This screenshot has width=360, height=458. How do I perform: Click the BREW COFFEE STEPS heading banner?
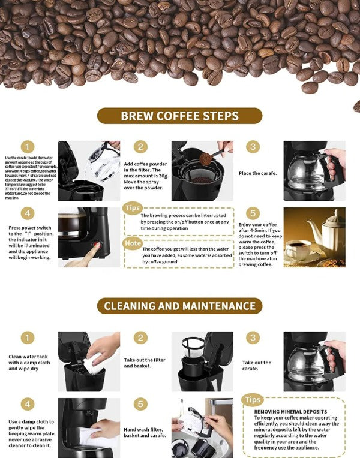coord(180,116)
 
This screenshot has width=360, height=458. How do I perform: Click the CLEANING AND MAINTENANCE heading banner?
coord(180,306)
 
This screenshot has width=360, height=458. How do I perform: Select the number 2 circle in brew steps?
coord(140,147)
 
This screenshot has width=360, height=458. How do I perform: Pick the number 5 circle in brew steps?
coord(253,213)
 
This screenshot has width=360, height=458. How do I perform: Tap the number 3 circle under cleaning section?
coord(253,338)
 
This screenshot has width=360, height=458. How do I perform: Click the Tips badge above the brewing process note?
coord(132,207)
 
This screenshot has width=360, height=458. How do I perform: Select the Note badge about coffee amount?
coord(132,243)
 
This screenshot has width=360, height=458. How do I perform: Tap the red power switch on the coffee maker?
coord(97,245)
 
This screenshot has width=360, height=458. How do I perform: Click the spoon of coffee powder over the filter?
coord(207,159)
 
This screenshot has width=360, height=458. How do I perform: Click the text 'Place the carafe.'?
coord(258,173)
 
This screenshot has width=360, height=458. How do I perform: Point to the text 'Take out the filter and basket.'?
coord(144,363)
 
